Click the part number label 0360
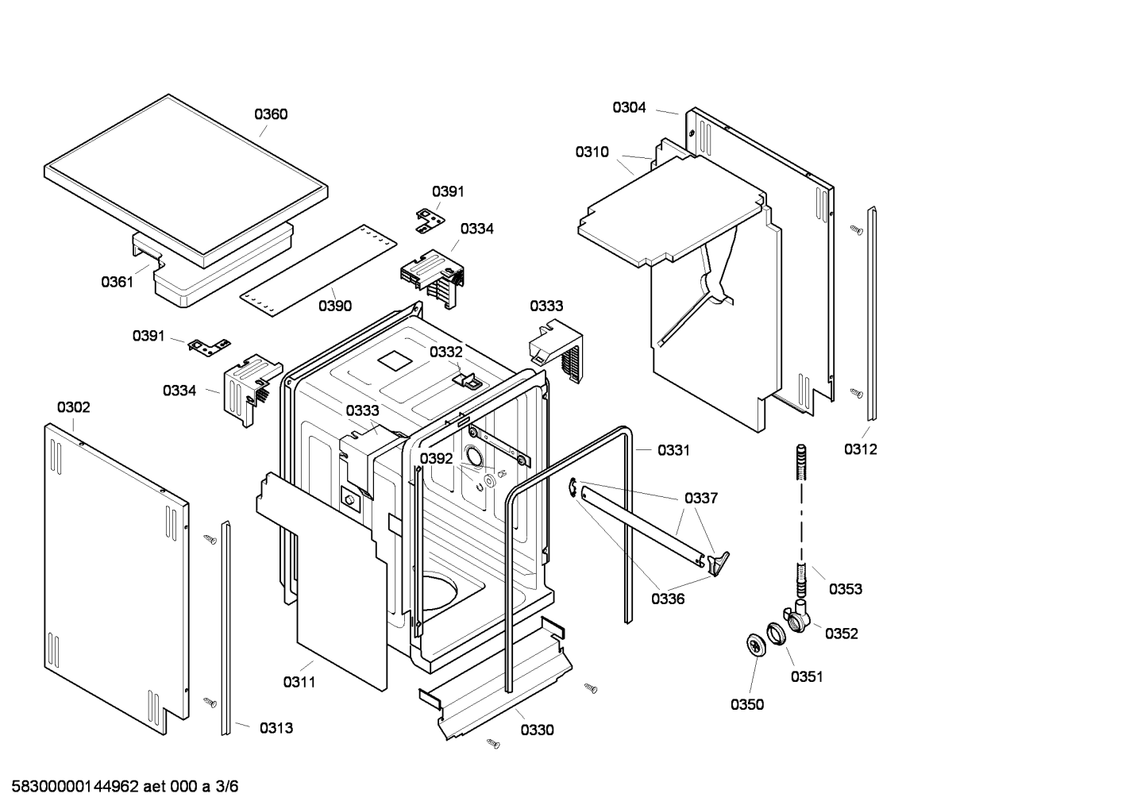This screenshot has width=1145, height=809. [x=271, y=114]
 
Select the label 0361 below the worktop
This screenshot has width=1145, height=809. [x=117, y=282]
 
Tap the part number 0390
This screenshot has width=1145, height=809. [x=335, y=306]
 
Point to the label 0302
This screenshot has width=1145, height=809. [x=74, y=407]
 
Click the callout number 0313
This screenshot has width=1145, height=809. [x=276, y=728]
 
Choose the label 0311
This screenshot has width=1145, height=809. [x=299, y=682]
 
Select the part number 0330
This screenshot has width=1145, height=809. [x=538, y=730]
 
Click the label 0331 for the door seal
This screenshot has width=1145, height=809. [x=673, y=450]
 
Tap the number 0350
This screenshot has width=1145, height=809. [x=747, y=705]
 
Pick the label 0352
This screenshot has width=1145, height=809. [x=842, y=634]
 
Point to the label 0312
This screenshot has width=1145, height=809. [x=860, y=449]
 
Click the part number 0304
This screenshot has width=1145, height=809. [x=629, y=107]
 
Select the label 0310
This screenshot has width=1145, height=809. [x=592, y=152]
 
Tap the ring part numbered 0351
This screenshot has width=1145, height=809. [x=776, y=634]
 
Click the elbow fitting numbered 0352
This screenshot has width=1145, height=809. [x=798, y=617]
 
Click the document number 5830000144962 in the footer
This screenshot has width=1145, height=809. [x=75, y=787]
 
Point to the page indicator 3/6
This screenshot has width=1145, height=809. [x=226, y=787]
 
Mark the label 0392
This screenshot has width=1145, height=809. [x=436, y=459]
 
